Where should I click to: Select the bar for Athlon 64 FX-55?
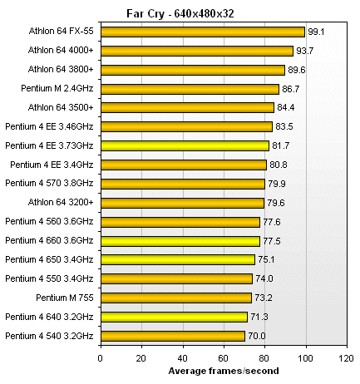click(202, 32)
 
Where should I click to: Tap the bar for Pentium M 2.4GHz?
click(190, 88)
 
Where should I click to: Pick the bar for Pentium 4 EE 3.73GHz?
click(185, 145)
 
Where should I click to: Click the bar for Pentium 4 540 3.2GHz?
click(172, 336)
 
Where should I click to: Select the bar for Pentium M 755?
click(175, 298)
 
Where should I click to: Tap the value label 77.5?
click(273, 241)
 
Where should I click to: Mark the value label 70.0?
click(257, 336)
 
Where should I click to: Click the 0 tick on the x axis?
click(101, 358)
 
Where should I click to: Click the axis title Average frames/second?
click(223, 371)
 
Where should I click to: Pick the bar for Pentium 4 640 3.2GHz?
click(174, 317)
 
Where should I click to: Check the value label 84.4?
click(287, 107)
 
